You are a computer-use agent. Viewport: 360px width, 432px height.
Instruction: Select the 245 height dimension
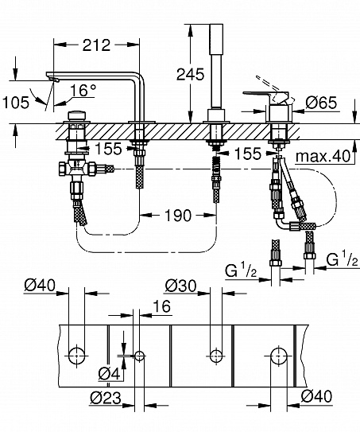click(x=192, y=74)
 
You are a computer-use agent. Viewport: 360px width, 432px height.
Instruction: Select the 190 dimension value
click(x=179, y=215)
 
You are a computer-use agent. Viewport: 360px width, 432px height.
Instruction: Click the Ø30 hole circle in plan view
click(x=214, y=352)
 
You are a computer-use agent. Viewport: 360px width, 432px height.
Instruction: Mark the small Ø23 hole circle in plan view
click(x=138, y=353)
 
